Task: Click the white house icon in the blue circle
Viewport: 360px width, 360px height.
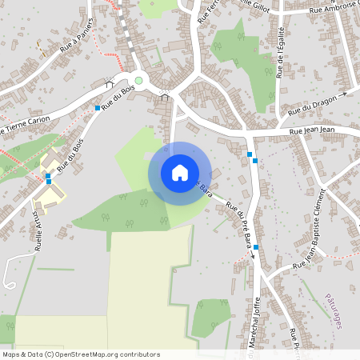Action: pos(180,173)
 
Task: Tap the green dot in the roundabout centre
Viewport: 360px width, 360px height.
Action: pos(138,80)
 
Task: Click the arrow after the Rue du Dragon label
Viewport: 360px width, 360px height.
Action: pos(342,94)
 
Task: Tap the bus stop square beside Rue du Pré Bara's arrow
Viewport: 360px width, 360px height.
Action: pos(255,247)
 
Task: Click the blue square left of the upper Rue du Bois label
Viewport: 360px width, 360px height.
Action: pos(98,108)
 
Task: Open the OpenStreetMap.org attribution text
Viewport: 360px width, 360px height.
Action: pos(81,354)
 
